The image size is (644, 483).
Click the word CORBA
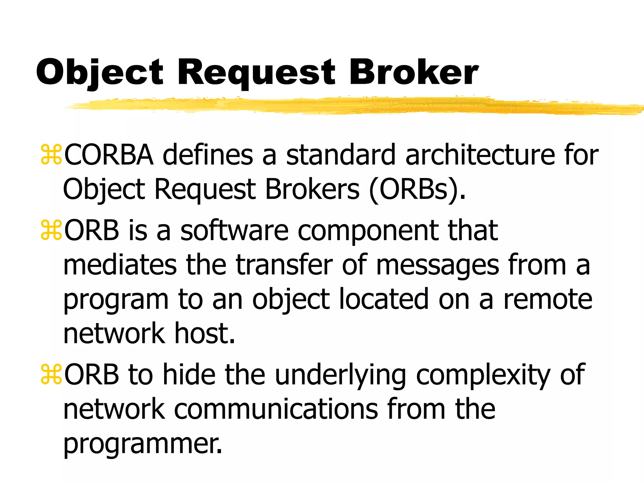coord(109,155)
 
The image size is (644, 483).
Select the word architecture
coord(480,155)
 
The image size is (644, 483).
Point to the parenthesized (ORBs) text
coord(417,189)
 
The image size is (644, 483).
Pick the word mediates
coord(120,265)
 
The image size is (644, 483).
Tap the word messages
coord(437,265)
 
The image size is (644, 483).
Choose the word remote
coord(548,299)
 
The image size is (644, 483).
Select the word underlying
coord(341,375)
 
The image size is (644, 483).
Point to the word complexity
coord(483,375)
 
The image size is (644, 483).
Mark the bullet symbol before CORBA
coord(51,155)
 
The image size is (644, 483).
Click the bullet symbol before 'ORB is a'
coord(51,230)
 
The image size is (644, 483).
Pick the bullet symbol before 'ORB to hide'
coord(51,375)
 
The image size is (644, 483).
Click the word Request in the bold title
coord(256,73)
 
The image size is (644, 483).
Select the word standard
coord(341,155)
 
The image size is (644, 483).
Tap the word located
coord(384,299)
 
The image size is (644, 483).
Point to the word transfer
coord(284,265)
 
